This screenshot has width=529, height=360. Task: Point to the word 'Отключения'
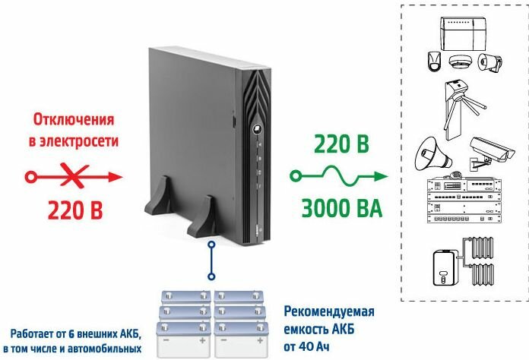coord(74,120)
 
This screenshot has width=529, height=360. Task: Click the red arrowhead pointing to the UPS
coord(115,176)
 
